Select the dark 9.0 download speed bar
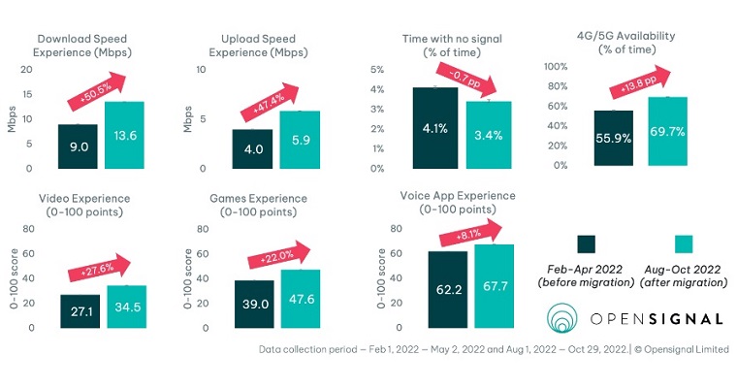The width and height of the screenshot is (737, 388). click(84, 145)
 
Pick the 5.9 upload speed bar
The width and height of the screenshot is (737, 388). click(300, 140)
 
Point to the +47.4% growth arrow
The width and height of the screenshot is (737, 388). click(276, 99)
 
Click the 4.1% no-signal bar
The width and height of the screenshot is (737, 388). click(435, 126)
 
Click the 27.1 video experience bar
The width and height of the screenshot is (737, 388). click(80, 311)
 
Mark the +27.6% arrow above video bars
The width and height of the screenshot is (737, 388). click(103, 269)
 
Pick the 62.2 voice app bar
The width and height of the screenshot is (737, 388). click(448, 289)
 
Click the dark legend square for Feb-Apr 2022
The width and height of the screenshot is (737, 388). click(586, 242)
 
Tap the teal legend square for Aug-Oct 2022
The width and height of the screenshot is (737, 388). click(683, 242)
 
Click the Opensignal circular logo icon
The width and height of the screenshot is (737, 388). click(566, 319)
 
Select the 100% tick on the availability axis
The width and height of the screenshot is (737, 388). click(554, 67)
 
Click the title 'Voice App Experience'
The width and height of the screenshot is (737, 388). click(458, 195)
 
